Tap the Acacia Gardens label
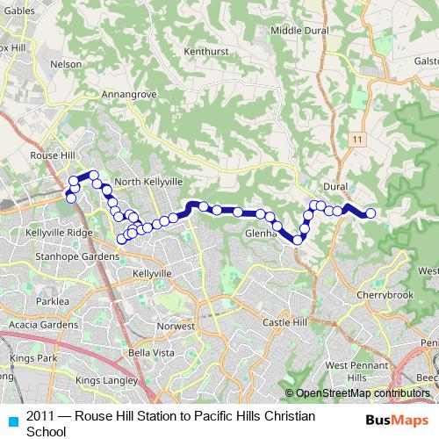(x=42, y=325)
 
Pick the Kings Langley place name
(x=105, y=380)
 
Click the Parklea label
(x=53, y=301)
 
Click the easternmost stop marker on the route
(x=371, y=213)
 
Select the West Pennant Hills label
(x=356, y=371)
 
